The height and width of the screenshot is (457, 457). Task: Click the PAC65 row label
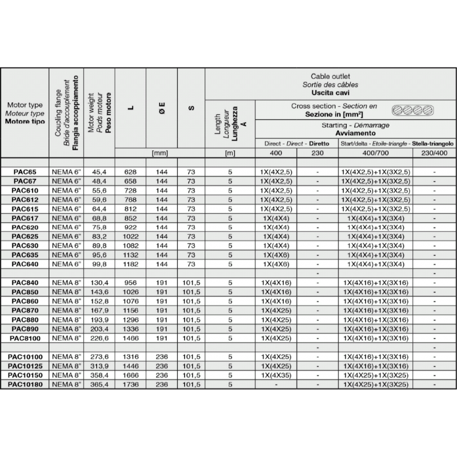(25, 171)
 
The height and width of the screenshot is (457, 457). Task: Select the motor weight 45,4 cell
(99, 171)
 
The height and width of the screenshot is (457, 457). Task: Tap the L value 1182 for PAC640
(130, 264)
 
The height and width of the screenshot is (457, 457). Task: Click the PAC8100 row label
(25, 338)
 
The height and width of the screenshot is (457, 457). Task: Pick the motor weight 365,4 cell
(99, 385)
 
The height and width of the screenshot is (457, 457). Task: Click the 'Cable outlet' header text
(330, 76)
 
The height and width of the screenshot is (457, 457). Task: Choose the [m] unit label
(230, 153)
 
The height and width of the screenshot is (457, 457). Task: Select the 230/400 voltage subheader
(434, 153)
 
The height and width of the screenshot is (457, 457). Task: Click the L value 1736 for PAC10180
(130, 385)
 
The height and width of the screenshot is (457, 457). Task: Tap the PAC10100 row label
(25, 357)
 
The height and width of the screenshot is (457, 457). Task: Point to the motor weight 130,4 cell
(99, 283)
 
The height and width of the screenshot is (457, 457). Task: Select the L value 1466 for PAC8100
(130, 338)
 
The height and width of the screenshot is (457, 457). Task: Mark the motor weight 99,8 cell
(99, 264)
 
